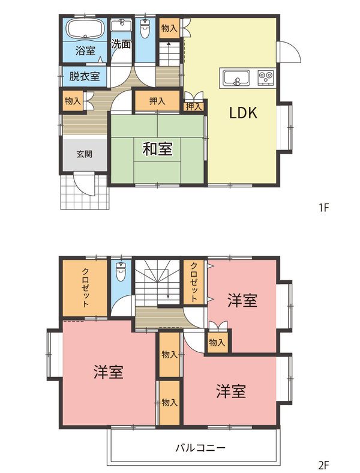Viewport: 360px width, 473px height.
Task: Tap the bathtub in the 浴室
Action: click(x=84, y=29)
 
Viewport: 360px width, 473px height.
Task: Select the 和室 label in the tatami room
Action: click(x=158, y=149)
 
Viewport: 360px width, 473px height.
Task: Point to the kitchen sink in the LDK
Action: click(x=236, y=77)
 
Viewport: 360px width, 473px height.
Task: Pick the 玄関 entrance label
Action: click(x=84, y=154)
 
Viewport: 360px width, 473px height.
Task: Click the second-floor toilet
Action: click(x=121, y=273)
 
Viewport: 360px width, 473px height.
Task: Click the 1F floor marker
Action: click(x=325, y=208)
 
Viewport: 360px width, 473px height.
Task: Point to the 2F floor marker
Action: click(x=325, y=464)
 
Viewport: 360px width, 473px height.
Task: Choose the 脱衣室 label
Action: click(x=85, y=76)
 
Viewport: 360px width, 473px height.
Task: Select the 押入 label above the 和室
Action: click(x=157, y=101)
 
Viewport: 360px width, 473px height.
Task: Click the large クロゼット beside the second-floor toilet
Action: click(x=84, y=288)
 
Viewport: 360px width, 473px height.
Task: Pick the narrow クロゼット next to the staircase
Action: click(x=195, y=282)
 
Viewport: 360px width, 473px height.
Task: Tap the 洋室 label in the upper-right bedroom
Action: click(x=242, y=300)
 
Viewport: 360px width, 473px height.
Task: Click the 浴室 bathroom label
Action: click(x=85, y=51)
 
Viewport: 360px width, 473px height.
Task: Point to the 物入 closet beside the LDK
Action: click(x=169, y=28)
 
